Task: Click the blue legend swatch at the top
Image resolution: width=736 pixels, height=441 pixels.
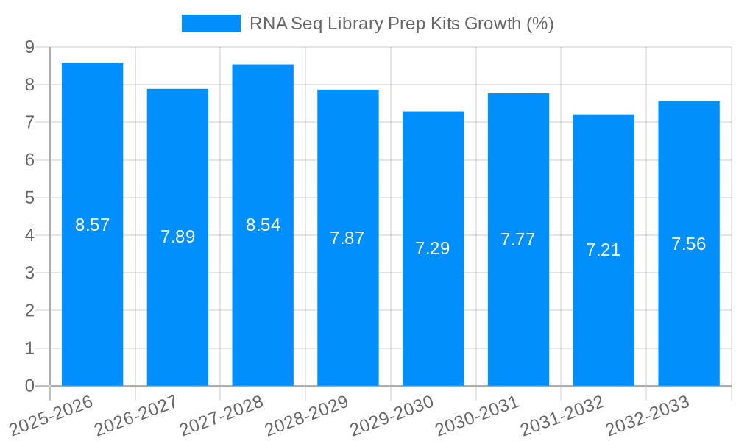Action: pyautogui.click(x=211, y=24)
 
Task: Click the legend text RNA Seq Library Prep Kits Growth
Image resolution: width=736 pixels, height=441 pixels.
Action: pyautogui.click(x=401, y=24)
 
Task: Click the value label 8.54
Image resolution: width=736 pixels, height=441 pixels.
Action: pyautogui.click(x=263, y=225)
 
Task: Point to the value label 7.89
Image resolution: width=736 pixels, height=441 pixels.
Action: pyautogui.click(x=177, y=237)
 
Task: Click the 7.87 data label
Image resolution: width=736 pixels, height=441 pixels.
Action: pyautogui.click(x=347, y=238)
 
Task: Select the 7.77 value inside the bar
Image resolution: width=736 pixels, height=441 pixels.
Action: pyautogui.click(x=518, y=240)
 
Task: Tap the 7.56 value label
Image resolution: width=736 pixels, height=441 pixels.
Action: pyautogui.click(x=688, y=244)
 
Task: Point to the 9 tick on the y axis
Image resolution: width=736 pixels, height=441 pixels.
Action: pyautogui.click(x=29, y=47)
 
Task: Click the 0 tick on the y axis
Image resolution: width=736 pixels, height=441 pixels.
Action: pyautogui.click(x=29, y=386)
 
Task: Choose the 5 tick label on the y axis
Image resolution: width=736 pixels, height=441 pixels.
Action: pyautogui.click(x=29, y=198)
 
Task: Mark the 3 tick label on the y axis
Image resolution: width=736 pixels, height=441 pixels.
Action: pyautogui.click(x=29, y=273)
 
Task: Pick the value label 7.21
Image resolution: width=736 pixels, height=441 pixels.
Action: pyautogui.click(x=604, y=250)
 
